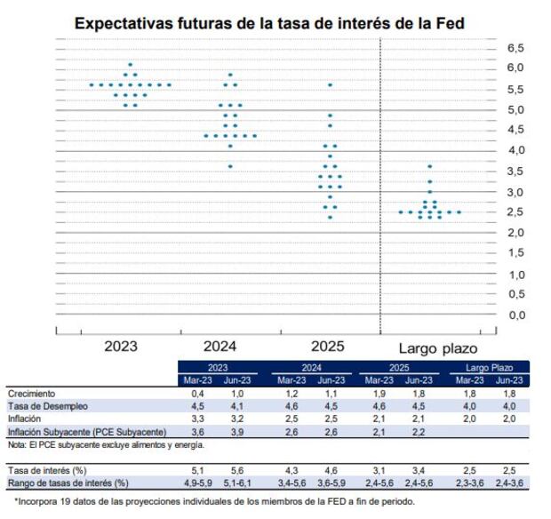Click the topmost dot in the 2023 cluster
131,64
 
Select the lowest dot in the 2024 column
231,166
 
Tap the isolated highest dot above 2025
331,84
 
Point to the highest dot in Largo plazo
430,166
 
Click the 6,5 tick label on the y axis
515,47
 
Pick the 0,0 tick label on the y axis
515,315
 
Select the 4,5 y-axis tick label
515,130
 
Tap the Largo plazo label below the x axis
436,347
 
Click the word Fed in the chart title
451,22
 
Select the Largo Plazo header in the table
491,366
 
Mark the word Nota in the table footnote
16,443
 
